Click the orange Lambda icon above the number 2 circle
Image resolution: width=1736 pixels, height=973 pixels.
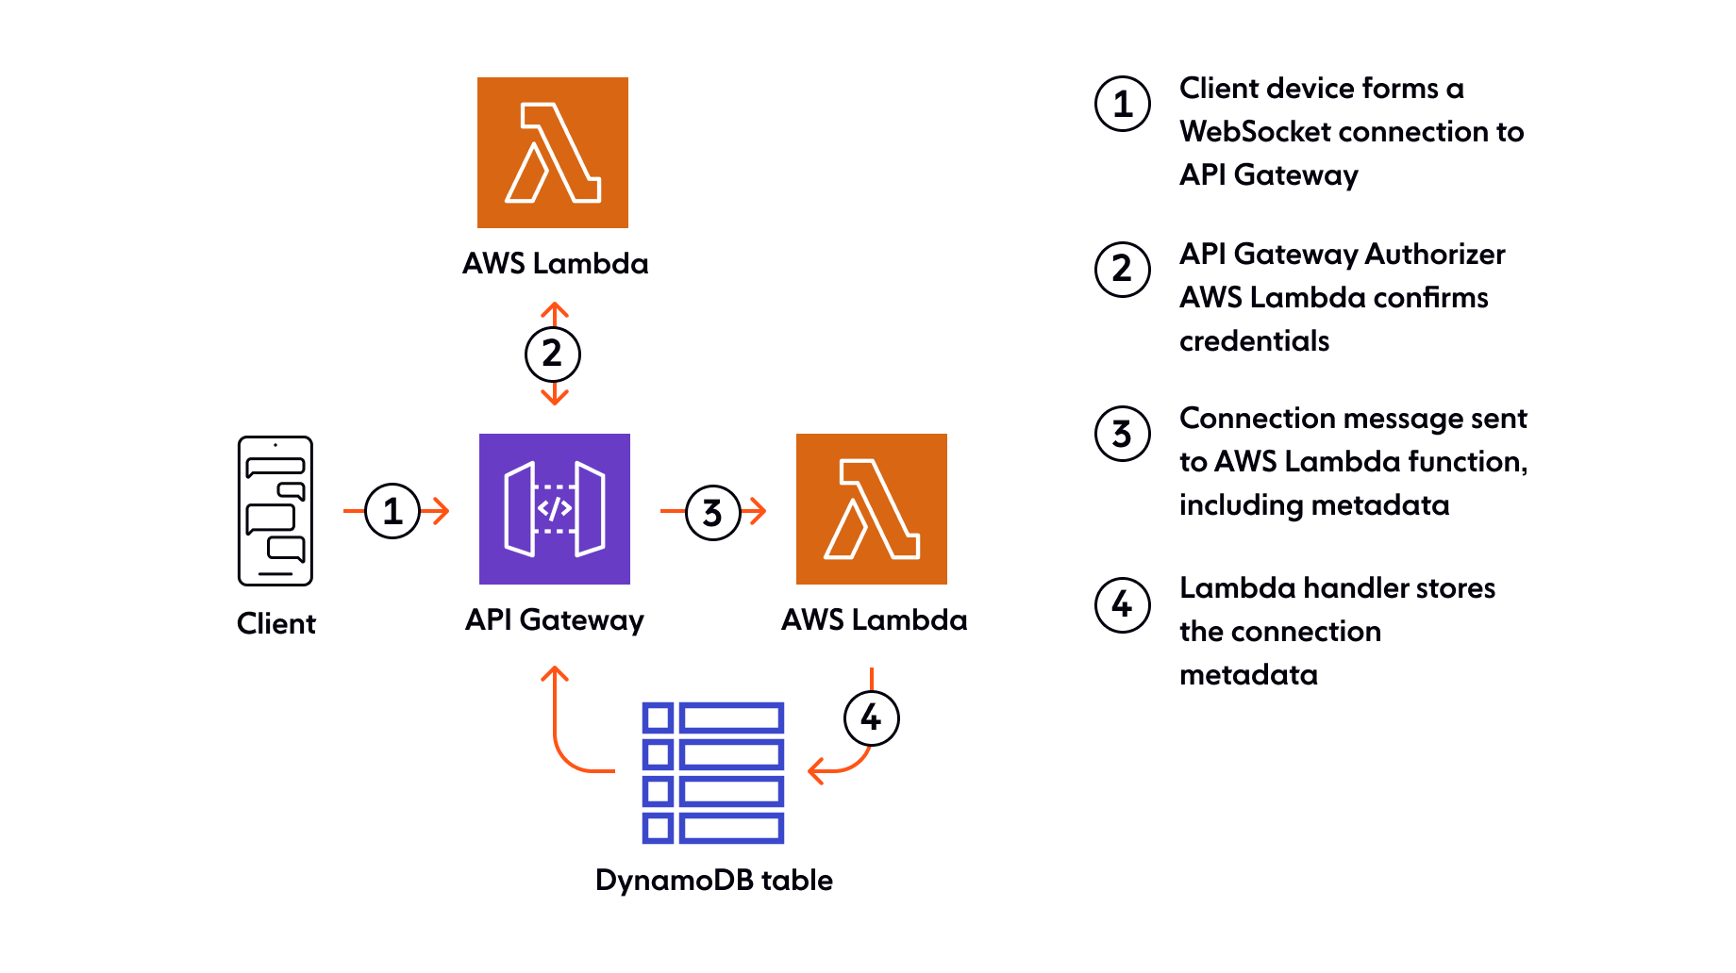(553, 153)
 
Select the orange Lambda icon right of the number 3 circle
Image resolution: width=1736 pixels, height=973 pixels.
(872, 509)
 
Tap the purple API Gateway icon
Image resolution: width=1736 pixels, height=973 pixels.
(555, 509)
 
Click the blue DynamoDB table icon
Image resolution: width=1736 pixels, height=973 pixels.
(713, 772)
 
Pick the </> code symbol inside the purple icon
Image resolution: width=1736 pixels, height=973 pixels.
(554, 508)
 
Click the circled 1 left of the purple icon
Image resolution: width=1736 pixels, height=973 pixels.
(392, 511)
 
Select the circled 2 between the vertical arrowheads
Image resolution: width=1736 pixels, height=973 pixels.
(553, 355)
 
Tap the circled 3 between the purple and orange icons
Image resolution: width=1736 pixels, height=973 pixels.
(712, 513)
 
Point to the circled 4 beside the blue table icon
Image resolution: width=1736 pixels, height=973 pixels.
(872, 717)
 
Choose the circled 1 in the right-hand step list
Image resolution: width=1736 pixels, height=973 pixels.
(1123, 104)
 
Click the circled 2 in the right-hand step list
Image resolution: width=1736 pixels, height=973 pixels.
(1123, 270)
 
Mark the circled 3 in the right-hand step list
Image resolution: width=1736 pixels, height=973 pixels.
(1123, 434)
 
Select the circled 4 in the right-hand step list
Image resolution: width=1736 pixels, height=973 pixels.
(1123, 604)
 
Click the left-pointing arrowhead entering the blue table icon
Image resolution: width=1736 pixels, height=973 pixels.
(815, 771)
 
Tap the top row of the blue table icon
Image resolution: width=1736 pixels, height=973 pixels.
(713, 718)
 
